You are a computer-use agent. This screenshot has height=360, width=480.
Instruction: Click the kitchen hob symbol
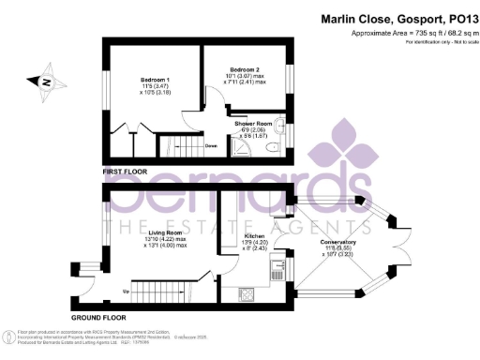pos(248,294)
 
